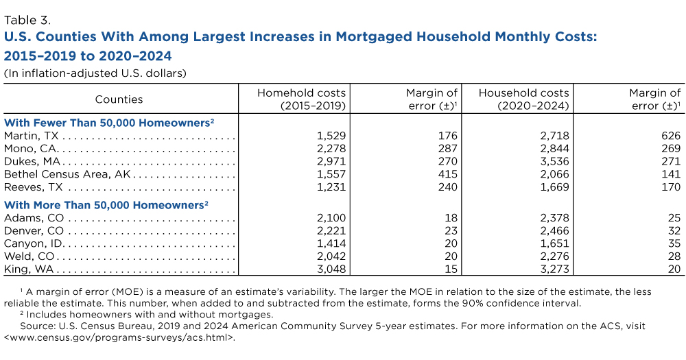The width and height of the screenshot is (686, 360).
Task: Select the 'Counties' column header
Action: pos(119,99)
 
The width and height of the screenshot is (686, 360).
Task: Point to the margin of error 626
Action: pos(670,136)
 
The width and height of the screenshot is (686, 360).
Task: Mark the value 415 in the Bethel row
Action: pos(447,174)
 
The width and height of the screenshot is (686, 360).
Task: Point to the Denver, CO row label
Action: pos(30,231)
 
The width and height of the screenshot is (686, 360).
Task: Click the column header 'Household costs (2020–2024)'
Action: pos(523,99)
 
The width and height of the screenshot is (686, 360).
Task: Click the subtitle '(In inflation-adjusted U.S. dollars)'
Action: pos(95,72)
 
